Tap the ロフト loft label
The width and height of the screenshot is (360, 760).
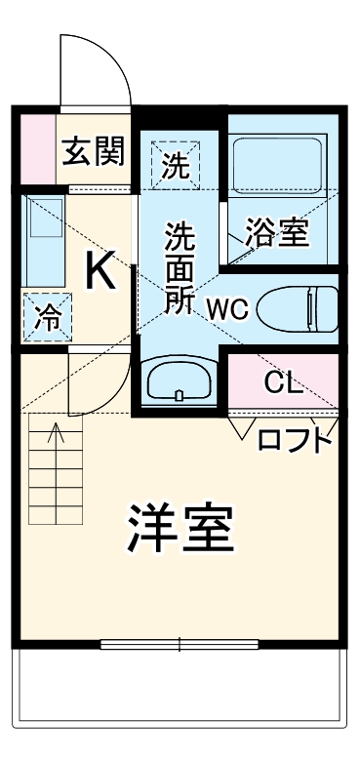pos(294,440)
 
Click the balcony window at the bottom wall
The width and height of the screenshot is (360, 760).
pos(180,643)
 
